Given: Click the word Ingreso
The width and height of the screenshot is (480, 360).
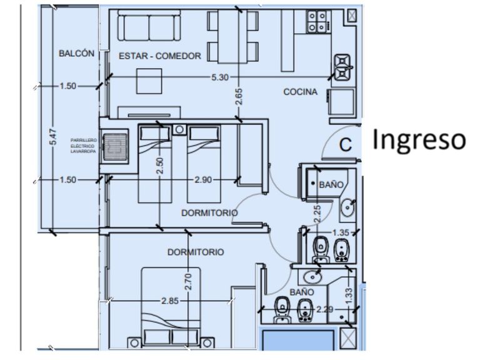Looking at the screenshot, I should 419,140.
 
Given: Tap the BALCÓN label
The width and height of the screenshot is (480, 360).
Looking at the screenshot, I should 77,54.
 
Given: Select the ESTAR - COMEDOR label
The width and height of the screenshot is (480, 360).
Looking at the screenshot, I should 160,56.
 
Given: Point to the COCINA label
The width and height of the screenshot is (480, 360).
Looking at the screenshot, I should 300,92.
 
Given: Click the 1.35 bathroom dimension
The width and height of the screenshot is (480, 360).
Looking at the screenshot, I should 341,232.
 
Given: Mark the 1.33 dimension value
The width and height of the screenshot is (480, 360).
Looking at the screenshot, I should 349,291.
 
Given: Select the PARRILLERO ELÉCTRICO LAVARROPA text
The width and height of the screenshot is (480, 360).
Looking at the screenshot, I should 83,145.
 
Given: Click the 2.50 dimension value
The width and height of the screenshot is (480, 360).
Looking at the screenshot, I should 161,165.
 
